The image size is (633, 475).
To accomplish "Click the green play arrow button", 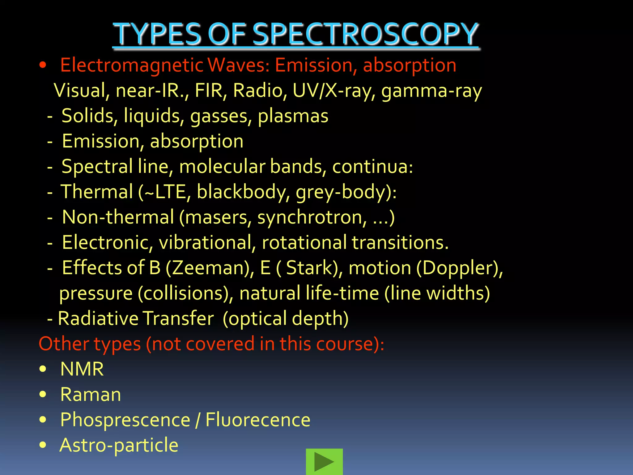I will point(324,462).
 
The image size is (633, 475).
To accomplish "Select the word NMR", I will point(82,369).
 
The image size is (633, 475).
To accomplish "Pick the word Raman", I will point(91,394).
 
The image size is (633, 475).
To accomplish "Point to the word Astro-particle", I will point(119,445).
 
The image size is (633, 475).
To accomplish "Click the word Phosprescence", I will point(125,420).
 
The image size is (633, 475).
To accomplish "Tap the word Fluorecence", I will point(258,420).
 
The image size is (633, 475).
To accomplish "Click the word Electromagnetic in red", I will point(131,65).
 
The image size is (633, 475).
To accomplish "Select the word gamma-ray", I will point(431,91).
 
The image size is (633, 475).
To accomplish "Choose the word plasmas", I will point(293,116).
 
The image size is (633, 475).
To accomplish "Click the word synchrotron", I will point(312,217).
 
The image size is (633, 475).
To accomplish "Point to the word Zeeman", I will point(210,268).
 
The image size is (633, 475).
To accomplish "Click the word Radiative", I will point(98,318).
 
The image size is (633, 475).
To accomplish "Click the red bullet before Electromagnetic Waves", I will point(43,65).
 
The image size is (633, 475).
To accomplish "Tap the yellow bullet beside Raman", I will point(43,394).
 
